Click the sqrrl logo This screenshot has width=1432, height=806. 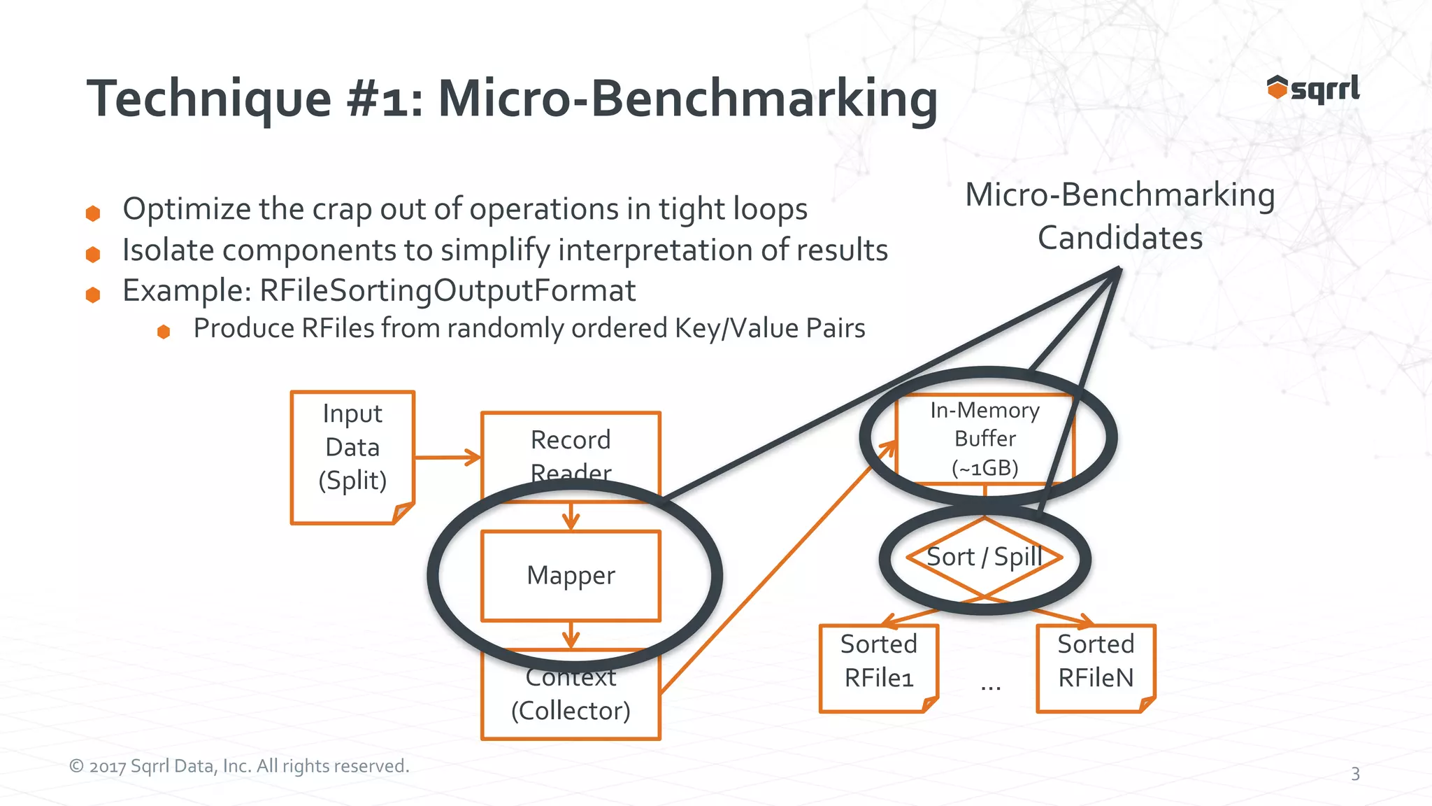point(1313,89)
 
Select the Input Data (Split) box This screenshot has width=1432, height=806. point(352,456)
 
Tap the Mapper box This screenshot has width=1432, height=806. point(571,575)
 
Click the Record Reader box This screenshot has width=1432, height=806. point(571,448)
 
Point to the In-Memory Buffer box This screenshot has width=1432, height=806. point(984,439)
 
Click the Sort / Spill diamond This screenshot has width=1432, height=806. point(984,558)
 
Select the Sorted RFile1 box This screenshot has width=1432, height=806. point(878,667)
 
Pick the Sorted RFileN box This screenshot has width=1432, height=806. point(1095,667)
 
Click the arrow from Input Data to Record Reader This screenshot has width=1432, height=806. point(447,458)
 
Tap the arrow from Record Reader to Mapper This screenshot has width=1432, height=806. point(571,516)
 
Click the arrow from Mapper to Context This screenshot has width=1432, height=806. point(571,635)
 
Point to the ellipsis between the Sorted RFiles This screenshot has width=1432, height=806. point(990,686)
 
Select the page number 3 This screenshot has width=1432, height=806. point(1355,774)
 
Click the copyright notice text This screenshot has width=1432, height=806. point(239,766)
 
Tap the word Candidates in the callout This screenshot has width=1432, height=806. point(1119,238)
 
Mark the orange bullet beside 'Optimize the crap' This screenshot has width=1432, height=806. point(93,213)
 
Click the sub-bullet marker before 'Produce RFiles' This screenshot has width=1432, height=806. point(164,332)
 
